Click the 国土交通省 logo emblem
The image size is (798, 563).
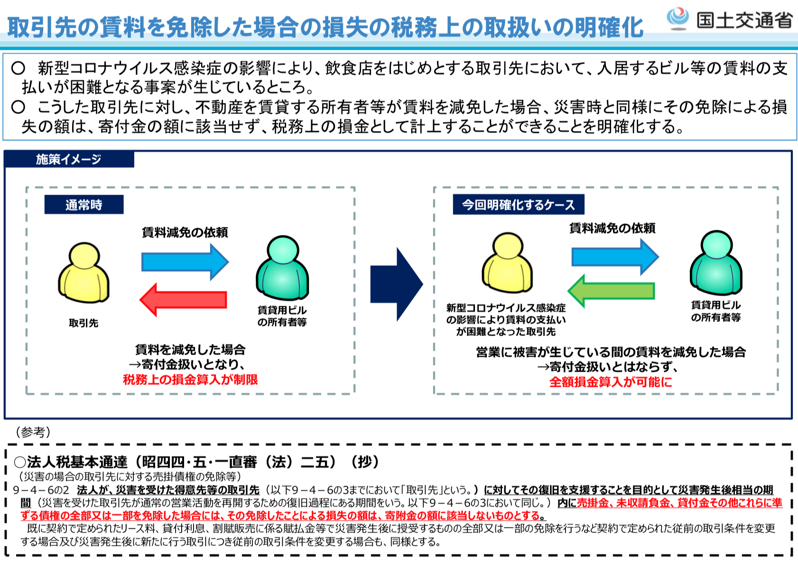[x=677, y=19]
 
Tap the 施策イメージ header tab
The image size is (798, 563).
[x=69, y=159]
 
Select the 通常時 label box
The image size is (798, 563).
[x=84, y=204]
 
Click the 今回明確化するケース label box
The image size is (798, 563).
[x=519, y=204]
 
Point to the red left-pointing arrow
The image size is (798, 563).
[x=183, y=300]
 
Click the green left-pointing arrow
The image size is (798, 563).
[x=611, y=291]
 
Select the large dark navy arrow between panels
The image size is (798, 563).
[x=397, y=284]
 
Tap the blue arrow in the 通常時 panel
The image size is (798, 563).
[x=185, y=262]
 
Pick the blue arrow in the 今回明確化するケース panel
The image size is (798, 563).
[x=615, y=257]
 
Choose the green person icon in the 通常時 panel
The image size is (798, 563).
[x=282, y=267]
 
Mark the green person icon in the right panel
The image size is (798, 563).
[x=716, y=263]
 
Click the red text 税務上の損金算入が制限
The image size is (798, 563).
[x=190, y=379]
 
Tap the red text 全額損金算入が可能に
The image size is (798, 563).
[x=611, y=382]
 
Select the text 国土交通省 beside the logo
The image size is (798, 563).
[x=744, y=19]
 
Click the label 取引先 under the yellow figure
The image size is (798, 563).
[x=84, y=323]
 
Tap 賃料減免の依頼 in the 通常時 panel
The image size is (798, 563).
[x=185, y=232]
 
